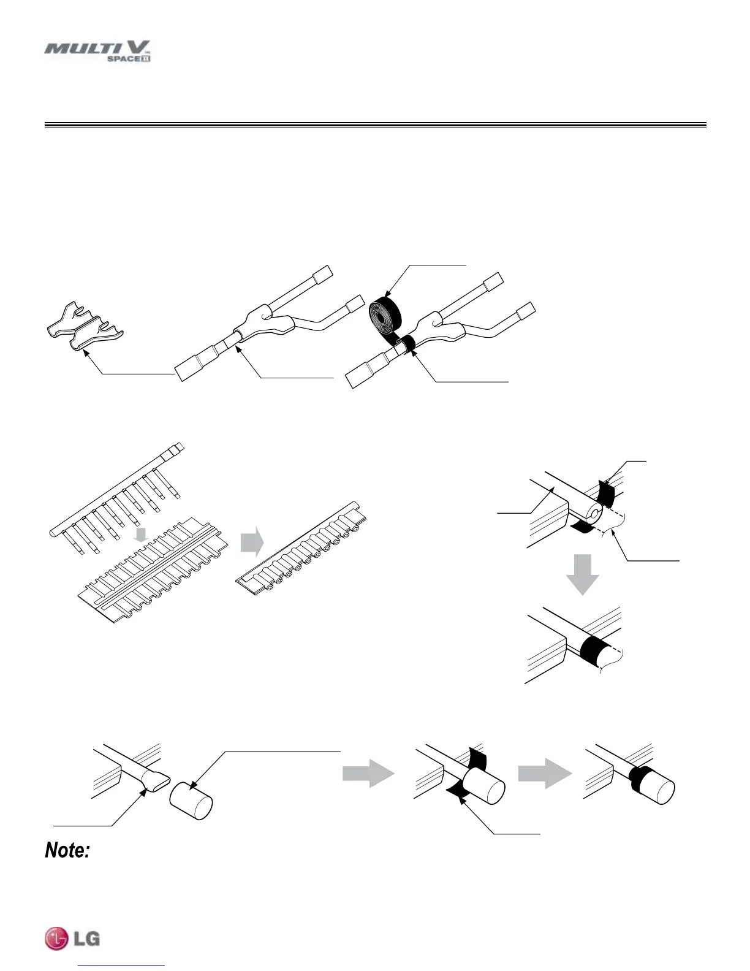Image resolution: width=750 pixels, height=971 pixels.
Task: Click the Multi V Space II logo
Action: (98, 51)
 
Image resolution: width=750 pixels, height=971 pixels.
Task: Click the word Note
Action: (67, 850)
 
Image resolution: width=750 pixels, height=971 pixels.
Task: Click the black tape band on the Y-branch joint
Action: (407, 345)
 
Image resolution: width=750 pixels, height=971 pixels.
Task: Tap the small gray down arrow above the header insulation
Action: (142, 535)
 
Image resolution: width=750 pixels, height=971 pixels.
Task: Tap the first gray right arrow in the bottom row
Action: (368, 775)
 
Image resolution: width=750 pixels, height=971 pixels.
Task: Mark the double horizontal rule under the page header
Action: (375, 126)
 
